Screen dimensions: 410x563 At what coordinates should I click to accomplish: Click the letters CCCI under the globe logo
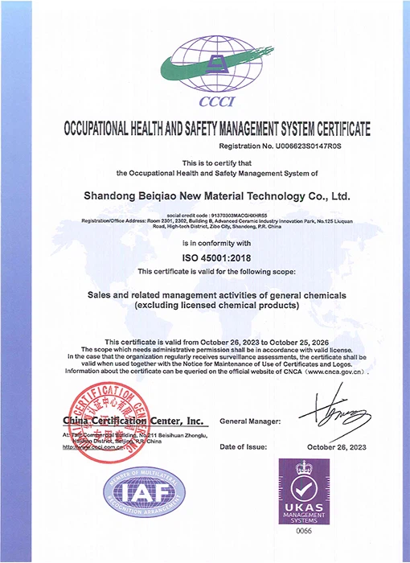[204, 104]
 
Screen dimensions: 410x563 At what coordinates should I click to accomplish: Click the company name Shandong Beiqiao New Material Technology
[217, 195]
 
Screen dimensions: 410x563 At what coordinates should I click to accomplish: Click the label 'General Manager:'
[250, 421]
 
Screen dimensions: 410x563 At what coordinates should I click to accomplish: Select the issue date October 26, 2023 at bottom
[338, 447]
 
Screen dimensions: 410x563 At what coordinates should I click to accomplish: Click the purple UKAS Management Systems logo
[305, 492]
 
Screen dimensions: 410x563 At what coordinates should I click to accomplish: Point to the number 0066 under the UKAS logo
[305, 532]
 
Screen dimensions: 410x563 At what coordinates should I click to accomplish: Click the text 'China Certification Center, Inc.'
[133, 421]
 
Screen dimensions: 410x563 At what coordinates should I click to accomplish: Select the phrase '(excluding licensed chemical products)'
[205, 306]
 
